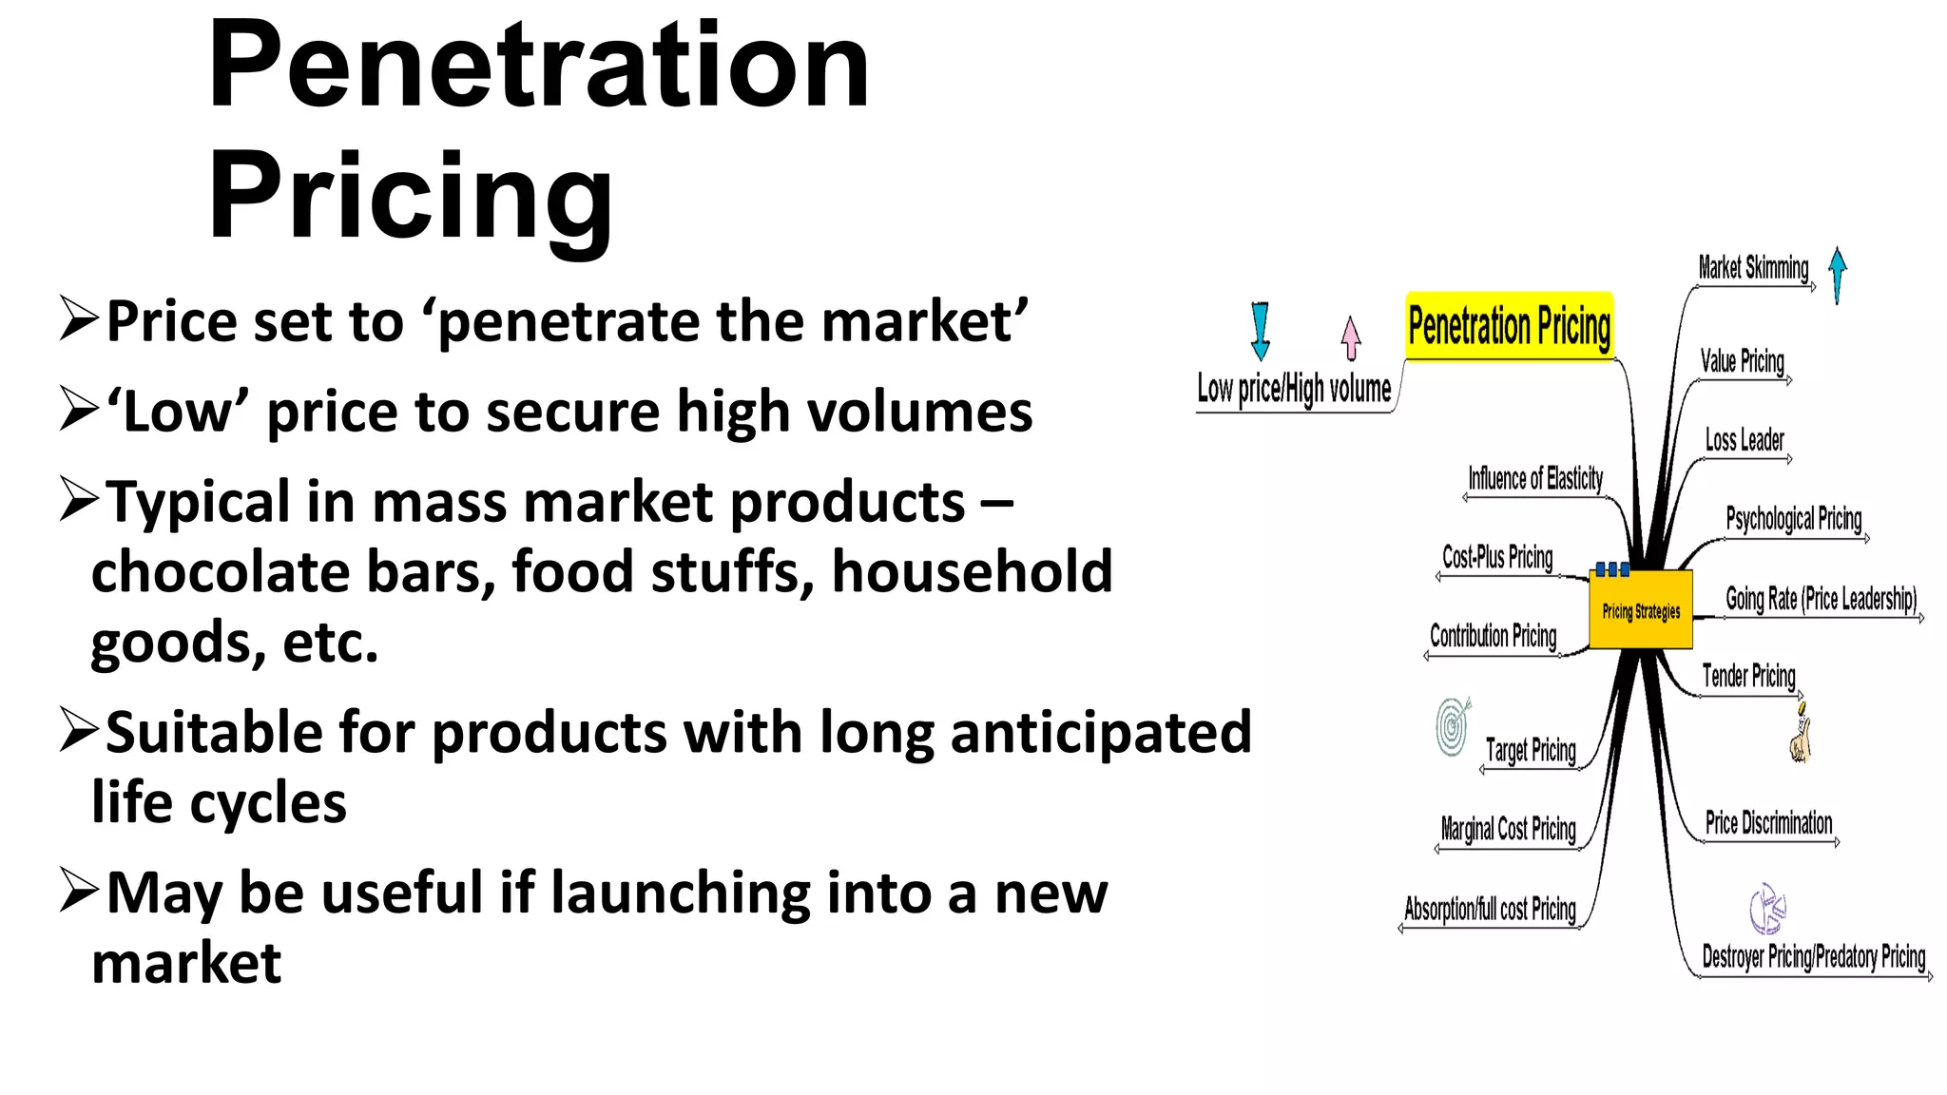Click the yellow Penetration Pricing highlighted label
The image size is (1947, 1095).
coord(1509,326)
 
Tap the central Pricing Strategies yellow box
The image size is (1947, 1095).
coord(1641,610)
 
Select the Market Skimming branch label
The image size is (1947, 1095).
coord(1753,268)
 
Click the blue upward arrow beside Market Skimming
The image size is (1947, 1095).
coord(1838,275)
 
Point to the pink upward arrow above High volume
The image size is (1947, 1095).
coord(1350,338)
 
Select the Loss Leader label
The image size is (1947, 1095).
coord(1745,440)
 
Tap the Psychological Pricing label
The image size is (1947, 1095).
coord(1793,519)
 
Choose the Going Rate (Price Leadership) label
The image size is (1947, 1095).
coord(1821,599)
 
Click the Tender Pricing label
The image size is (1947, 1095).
coord(1748,676)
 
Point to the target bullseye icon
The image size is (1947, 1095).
coord(1453,727)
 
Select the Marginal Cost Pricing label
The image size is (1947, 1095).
coord(1508,829)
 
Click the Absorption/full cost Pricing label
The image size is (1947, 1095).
coord(1490,910)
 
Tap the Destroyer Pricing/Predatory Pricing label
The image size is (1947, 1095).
coord(1813,956)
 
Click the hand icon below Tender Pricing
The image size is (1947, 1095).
coord(1801,737)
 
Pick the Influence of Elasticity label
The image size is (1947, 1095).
coord(1535,478)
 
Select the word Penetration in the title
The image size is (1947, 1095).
coord(538,67)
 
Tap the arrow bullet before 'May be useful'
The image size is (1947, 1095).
coord(78,890)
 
